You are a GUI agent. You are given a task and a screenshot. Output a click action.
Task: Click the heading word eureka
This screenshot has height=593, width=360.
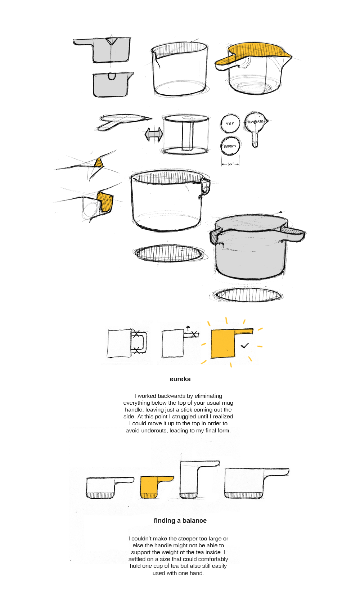180,379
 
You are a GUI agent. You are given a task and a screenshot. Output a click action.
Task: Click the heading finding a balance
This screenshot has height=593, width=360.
180,521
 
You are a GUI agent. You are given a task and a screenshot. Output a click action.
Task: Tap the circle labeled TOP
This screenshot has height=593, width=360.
230,123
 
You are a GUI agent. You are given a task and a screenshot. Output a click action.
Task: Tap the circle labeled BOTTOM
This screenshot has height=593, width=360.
230,146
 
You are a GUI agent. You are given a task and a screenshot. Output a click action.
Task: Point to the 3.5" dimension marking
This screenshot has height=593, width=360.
230,164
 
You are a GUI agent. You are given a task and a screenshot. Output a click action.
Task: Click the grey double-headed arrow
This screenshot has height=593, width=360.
154,135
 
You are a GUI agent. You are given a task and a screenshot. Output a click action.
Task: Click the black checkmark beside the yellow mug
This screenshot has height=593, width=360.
245,346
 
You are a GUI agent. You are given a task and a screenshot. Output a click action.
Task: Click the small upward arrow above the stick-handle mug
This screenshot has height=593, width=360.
188,328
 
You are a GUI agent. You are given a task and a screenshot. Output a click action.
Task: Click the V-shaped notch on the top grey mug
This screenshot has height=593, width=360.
112,41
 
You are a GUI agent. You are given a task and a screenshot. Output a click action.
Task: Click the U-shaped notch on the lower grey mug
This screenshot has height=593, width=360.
112,76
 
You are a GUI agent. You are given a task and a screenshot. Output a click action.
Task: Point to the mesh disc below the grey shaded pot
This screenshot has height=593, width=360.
248,295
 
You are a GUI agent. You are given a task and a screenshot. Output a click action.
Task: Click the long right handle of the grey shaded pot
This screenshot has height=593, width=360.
294,234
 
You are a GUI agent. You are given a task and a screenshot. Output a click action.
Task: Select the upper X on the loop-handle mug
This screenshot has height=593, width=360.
136,334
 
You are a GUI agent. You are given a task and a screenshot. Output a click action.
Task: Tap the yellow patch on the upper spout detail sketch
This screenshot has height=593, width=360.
98,163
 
